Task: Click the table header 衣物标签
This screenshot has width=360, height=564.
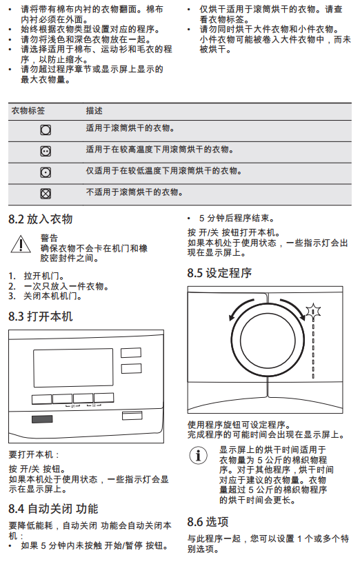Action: point(28,111)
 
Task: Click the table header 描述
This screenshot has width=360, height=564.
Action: point(94,111)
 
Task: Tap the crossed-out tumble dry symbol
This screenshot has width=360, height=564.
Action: point(46,194)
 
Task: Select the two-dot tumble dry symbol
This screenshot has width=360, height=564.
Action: point(46,151)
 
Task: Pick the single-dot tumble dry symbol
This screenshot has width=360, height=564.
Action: point(46,172)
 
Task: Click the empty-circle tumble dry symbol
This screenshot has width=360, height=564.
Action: point(46,130)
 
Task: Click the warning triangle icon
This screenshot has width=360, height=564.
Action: point(21,244)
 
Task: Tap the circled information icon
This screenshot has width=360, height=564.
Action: point(198,455)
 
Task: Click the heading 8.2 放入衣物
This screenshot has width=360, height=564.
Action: point(41,219)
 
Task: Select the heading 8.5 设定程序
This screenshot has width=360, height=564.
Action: point(219,273)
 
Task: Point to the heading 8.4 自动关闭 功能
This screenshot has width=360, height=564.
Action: point(54,509)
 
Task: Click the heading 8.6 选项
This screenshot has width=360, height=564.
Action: point(208,521)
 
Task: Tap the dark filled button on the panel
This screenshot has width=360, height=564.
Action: point(42,419)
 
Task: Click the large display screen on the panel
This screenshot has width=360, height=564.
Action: point(73,368)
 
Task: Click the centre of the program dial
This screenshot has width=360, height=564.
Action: point(268,341)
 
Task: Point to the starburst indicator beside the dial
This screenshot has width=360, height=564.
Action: point(313,312)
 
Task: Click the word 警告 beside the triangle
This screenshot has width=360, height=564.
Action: point(49,238)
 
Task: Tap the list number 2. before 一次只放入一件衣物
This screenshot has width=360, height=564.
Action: point(12,286)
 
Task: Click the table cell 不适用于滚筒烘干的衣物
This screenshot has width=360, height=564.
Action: point(134,192)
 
